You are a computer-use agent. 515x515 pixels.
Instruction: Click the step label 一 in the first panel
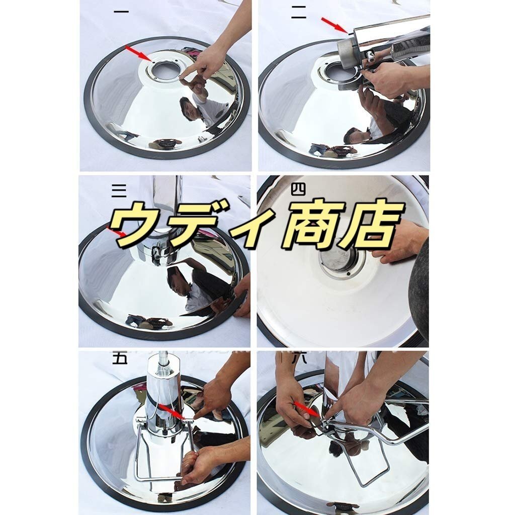[121, 12]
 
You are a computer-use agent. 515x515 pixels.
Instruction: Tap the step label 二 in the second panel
[298, 13]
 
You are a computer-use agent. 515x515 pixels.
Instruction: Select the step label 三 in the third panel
[119, 190]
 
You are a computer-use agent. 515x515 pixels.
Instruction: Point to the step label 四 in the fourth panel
[298, 190]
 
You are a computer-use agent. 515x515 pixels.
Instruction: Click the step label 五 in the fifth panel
[120, 358]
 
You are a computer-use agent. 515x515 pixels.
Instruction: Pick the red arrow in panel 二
[334, 25]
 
